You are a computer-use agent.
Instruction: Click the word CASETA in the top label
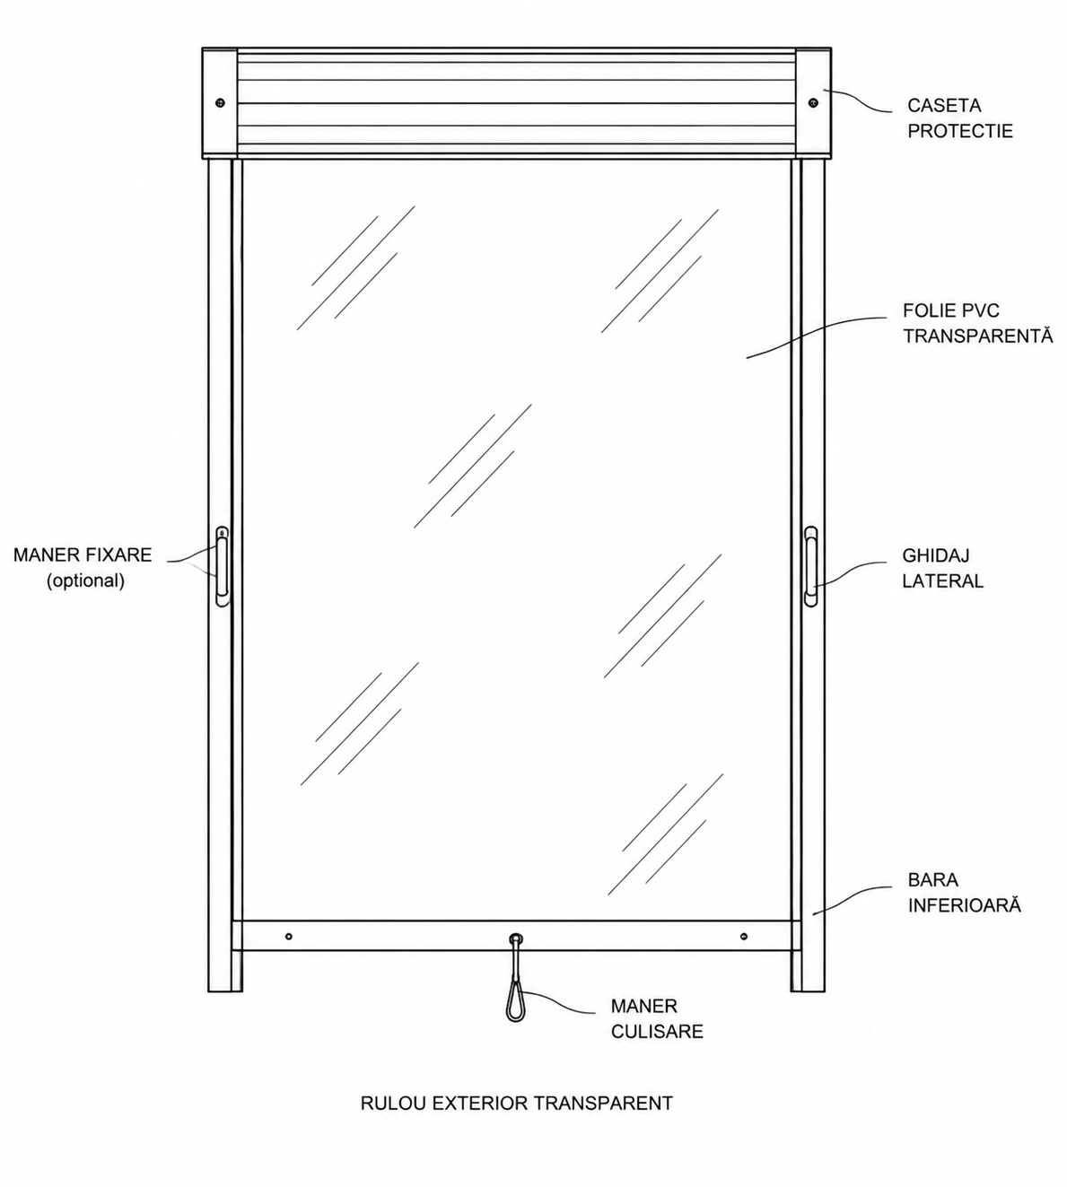[944, 105]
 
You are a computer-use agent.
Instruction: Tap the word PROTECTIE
[960, 131]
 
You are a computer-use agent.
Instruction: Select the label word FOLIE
[928, 310]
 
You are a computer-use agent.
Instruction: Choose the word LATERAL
[942, 581]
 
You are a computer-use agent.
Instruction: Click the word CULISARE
[657, 1032]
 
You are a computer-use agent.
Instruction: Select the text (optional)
[86, 581]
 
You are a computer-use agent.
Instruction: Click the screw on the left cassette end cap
[220, 103]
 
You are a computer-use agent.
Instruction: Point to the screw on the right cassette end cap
[814, 103]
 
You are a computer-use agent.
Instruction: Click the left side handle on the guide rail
[222, 567]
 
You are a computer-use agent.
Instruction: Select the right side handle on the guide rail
[810, 567]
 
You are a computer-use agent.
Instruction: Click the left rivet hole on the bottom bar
[288, 937]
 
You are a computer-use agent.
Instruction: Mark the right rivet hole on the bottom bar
[744, 937]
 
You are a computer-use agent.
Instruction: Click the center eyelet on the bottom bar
[516, 938]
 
